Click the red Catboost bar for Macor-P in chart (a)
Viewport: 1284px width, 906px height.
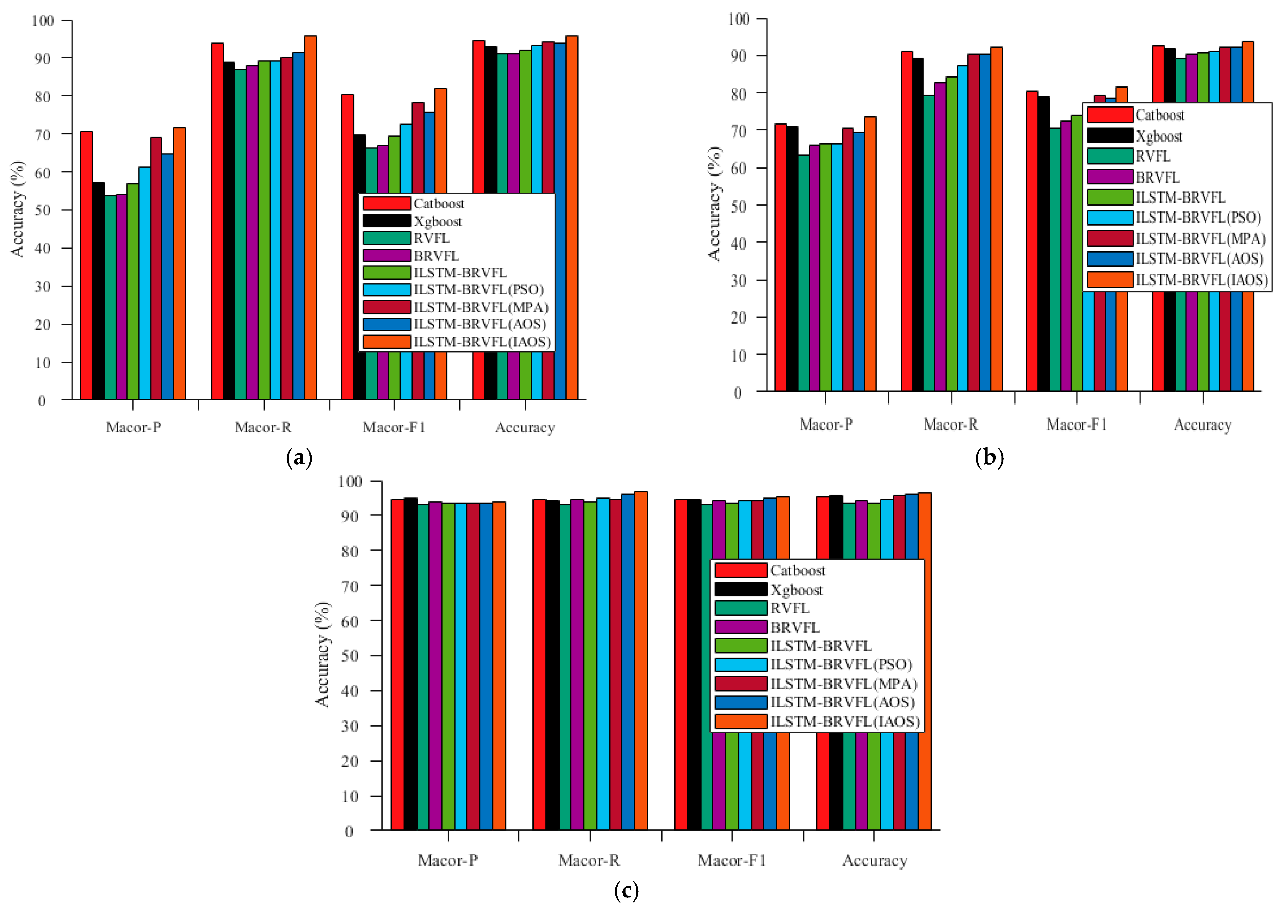pyautogui.click(x=86, y=266)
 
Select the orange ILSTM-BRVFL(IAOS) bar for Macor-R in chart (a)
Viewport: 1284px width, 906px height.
pyautogui.click(x=310, y=218)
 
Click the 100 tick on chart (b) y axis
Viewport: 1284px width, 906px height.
pyautogui.click(x=738, y=19)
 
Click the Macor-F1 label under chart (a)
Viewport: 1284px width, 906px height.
pyautogui.click(x=394, y=428)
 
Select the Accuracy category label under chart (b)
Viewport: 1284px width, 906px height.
pyautogui.click(x=1202, y=425)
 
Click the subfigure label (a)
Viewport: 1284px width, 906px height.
pyautogui.click(x=299, y=458)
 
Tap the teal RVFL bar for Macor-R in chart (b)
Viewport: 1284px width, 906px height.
pyautogui.click(x=928, y=243)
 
